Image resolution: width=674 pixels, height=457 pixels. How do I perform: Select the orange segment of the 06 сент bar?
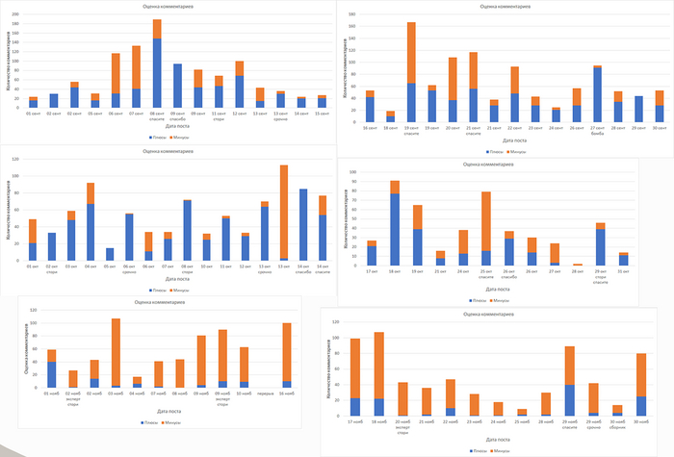116,73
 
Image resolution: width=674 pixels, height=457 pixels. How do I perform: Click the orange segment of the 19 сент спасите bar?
411,53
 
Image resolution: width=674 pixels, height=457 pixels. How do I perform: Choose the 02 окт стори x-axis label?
52,268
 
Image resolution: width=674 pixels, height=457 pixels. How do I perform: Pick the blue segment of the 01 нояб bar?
52,374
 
